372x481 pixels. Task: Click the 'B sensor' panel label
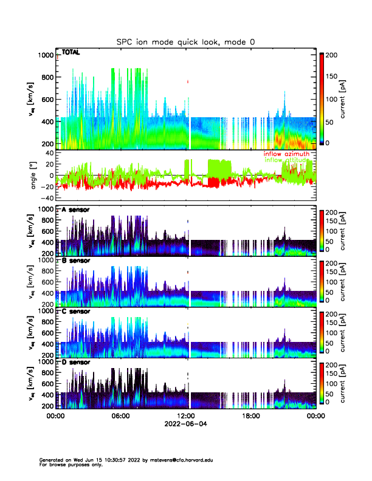76,261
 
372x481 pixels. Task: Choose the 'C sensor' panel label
76,312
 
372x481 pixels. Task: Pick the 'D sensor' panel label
76,363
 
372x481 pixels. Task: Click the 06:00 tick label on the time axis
120,417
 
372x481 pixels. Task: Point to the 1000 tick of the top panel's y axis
45,55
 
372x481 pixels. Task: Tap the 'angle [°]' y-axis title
35,176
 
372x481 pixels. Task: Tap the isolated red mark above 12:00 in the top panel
188,81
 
